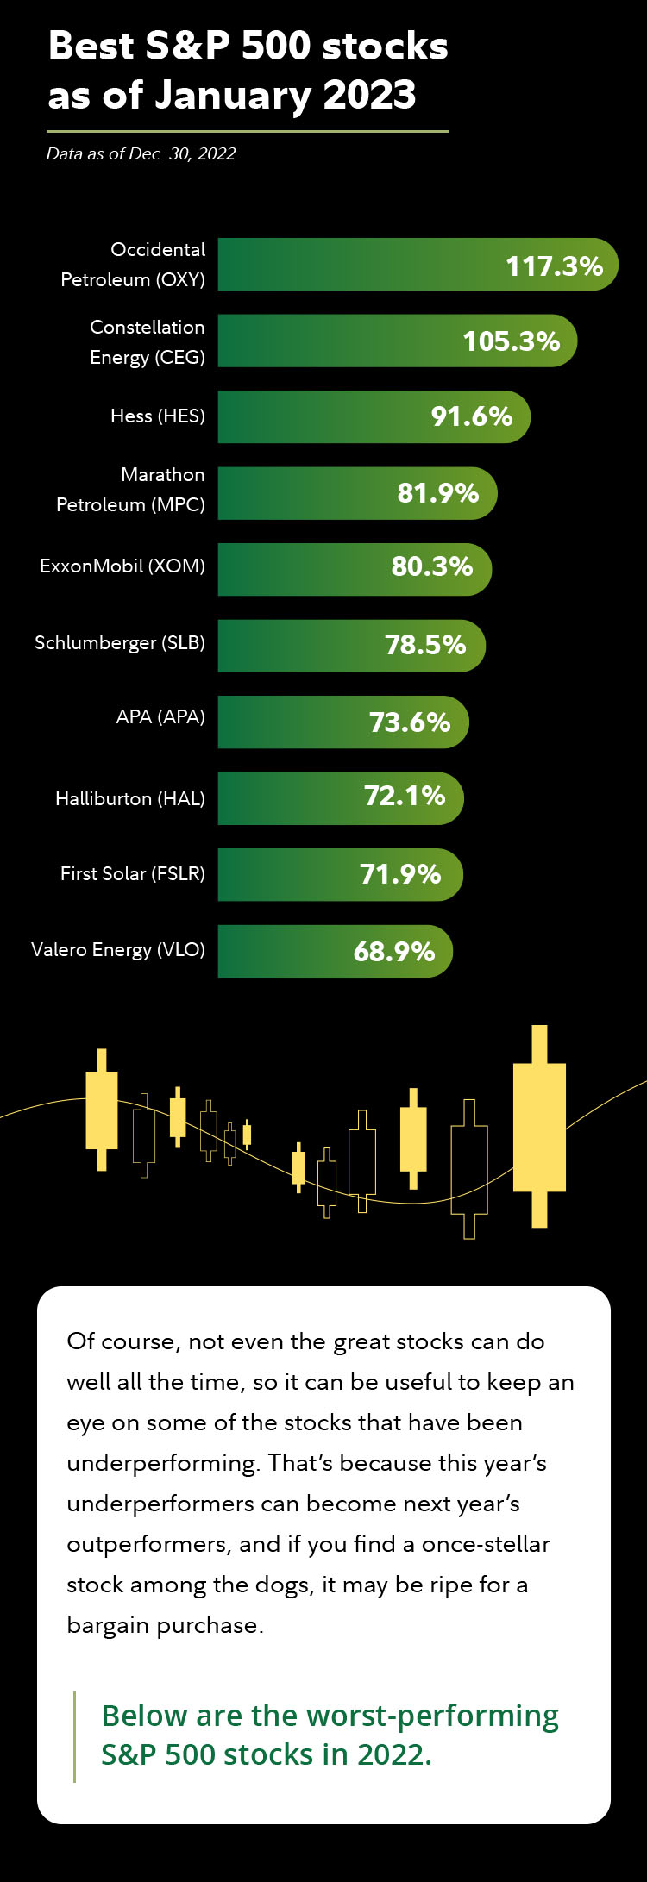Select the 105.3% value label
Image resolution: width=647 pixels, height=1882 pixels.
[512, 341]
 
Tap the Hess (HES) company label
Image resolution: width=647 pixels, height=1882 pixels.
[158, 416]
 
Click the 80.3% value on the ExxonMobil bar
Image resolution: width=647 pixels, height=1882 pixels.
[432, 567]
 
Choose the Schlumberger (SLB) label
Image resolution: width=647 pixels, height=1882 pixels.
[120, 643]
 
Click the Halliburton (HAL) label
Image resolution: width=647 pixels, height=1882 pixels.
[130, 799]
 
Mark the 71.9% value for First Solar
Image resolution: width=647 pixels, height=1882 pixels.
[400, 875]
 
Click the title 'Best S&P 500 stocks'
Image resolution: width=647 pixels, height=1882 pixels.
[248, 46]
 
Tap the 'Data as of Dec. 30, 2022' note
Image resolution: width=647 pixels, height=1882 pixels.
[141, 154]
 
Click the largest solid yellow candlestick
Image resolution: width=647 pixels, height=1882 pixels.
[539, 1127]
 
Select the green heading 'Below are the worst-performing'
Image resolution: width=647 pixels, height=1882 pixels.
[330, 1716]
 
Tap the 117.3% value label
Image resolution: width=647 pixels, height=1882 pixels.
[554, 266]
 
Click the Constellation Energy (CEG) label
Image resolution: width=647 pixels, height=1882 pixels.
[148, 342]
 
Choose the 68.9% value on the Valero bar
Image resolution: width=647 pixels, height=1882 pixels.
[394, 952]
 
